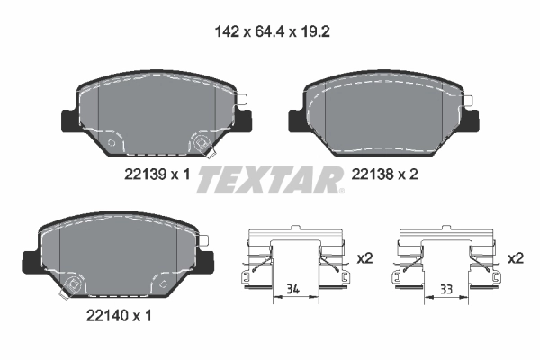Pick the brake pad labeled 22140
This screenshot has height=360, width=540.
pyautogui.click(x=117, y=256)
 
